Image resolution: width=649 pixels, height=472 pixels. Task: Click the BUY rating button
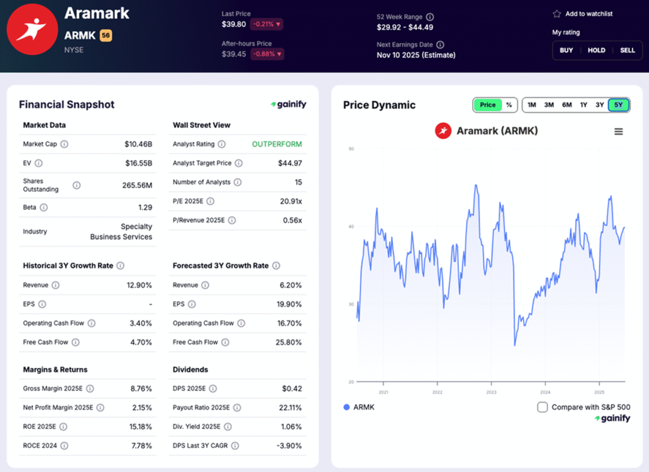(566, 50)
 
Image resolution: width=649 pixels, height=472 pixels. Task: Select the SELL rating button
(627, 50)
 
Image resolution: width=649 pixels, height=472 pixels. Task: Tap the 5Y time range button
(618, 105)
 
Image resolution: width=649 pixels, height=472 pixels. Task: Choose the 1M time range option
(532, 105)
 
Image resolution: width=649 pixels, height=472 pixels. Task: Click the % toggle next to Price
(508, 105)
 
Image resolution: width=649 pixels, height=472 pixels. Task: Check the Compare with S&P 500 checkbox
(543, 407)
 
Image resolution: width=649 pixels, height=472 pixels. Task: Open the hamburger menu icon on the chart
(619, 131)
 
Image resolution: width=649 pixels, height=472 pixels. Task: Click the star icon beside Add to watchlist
(557, 14)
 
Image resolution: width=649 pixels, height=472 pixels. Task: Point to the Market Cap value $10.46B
(138, 144)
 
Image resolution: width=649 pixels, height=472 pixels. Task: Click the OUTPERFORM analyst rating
(277, 144)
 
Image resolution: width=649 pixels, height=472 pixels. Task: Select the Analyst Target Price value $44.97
(290, 163)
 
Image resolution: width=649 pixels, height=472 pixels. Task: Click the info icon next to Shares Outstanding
(77, 185)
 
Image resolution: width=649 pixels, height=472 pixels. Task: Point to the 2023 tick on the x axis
(491, 392)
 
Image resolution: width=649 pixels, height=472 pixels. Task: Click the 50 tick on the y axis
(350, 149)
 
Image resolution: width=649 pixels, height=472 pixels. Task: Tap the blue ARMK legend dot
(346, 407)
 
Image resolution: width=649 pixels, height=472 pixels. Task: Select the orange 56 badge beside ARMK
(106, 36)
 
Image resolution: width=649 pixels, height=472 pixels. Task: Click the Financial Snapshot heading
(67, 105)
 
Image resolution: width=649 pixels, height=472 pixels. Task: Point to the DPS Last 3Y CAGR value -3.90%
(290, 445)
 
